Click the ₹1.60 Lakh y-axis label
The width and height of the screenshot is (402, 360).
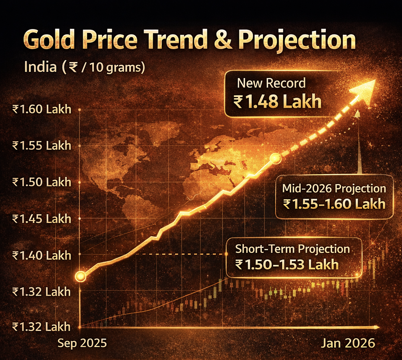click(x=42, y=109)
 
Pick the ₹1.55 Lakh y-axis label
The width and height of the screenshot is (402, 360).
click(x=42, y=146)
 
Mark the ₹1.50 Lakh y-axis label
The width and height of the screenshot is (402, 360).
click(x=42, y=182)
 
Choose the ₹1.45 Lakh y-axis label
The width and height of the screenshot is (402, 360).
click(x=42, y=219)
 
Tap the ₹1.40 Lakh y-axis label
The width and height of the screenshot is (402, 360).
click(x=42, y=256)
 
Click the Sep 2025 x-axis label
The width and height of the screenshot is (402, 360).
click(x=82, y=343)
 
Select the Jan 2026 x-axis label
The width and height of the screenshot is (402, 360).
click(x=348, y=343)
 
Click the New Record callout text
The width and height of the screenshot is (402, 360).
click(x=271, y=83)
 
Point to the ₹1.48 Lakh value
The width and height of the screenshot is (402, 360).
click(x=277, y=102)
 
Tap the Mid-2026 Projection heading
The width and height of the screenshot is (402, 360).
click(x=334, y=188)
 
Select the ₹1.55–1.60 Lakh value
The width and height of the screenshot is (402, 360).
click(x=334, y=204)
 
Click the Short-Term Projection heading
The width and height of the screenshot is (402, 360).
click(x=292, y=249)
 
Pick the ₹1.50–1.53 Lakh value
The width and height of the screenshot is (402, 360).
click(x=287, y=264)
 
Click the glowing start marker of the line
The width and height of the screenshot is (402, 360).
click(x=80, y=276)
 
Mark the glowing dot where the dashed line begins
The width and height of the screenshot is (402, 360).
click(x=275, y=159)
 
